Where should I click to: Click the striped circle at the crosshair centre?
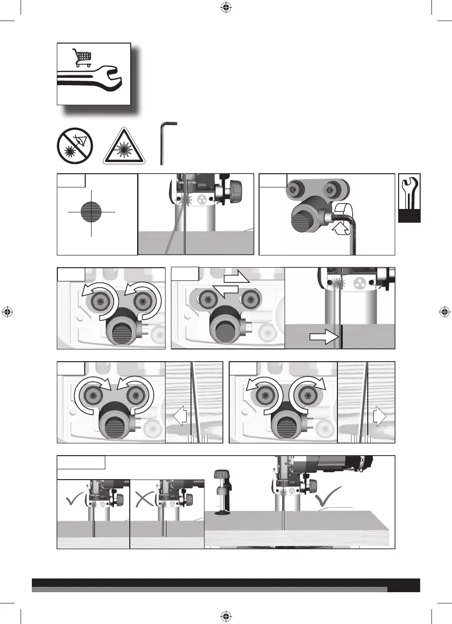click(92, 212)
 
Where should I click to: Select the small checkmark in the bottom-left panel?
click(73, 498)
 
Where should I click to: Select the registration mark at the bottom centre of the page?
click(226, 616)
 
